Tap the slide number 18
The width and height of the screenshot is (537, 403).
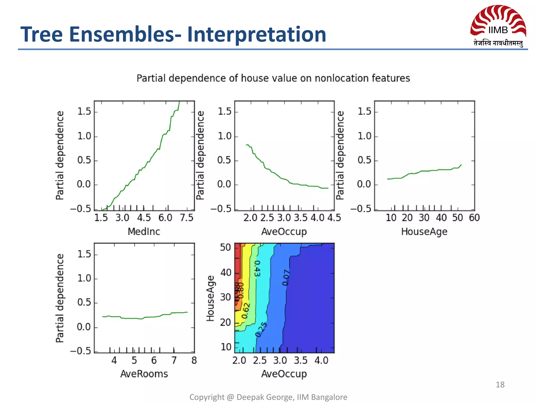(500, 385)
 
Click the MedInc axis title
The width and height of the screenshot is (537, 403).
(144, 232)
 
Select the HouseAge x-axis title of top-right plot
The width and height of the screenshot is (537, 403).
(424, 232)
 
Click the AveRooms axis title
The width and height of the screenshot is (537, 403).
(144, 374)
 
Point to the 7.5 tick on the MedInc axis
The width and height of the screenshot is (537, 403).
(186, 218)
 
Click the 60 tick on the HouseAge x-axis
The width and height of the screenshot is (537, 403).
(474, 218)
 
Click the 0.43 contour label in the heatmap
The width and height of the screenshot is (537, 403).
(257, 268)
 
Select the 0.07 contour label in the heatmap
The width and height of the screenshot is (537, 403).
(286, 278)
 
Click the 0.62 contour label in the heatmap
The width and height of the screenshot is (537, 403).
(246, 311)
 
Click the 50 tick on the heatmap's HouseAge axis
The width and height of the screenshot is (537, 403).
(225, 247)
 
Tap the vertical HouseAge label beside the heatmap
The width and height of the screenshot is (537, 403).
(210, 298)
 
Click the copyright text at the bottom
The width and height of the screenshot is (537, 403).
(268, 397)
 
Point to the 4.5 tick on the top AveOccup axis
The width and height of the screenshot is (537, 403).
(334, 218)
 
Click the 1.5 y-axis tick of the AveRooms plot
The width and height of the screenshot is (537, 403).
(84, 254)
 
